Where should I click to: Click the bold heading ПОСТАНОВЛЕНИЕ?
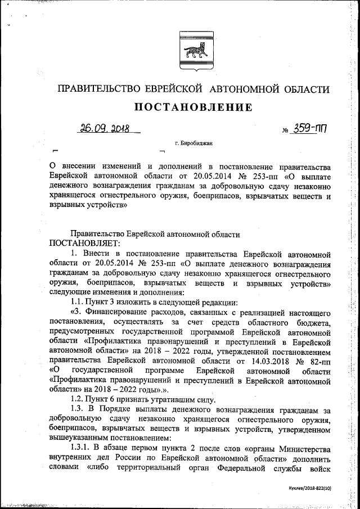192,107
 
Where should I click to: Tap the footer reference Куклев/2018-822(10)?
307,488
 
